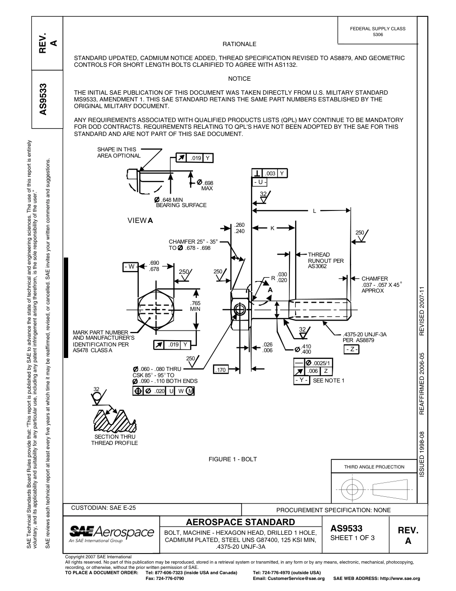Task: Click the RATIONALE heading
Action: coord(239,44)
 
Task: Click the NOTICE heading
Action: coord(239,79)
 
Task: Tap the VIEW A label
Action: coord(140,221)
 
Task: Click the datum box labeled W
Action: coord(130,266)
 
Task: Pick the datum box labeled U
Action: coord(260,183)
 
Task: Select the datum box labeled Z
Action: coord(351,349)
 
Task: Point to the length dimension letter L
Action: coord(314,210)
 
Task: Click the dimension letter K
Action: coord(272,228)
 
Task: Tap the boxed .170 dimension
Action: coord(220,369)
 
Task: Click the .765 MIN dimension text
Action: coord(195,306)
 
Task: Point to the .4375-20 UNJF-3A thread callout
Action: coord(365,337)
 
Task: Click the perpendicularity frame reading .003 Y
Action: coord(270,173)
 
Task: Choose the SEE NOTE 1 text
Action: coord(329,381)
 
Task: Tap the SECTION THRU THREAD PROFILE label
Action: coord(114,440)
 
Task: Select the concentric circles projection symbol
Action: coord(352,490)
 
